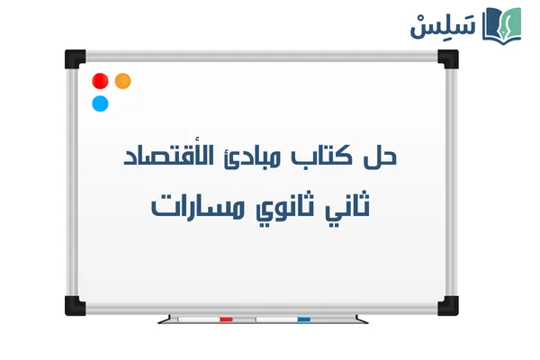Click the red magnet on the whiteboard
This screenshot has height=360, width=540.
tap(100, 80)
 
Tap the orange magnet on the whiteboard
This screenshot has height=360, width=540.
tap(123, 80)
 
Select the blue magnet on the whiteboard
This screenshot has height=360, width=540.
tap(100, 103)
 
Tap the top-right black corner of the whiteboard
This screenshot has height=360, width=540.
tap(447, 58)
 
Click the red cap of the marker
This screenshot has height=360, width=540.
tap(226, 319)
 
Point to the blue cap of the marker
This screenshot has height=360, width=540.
tap(303, 319)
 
